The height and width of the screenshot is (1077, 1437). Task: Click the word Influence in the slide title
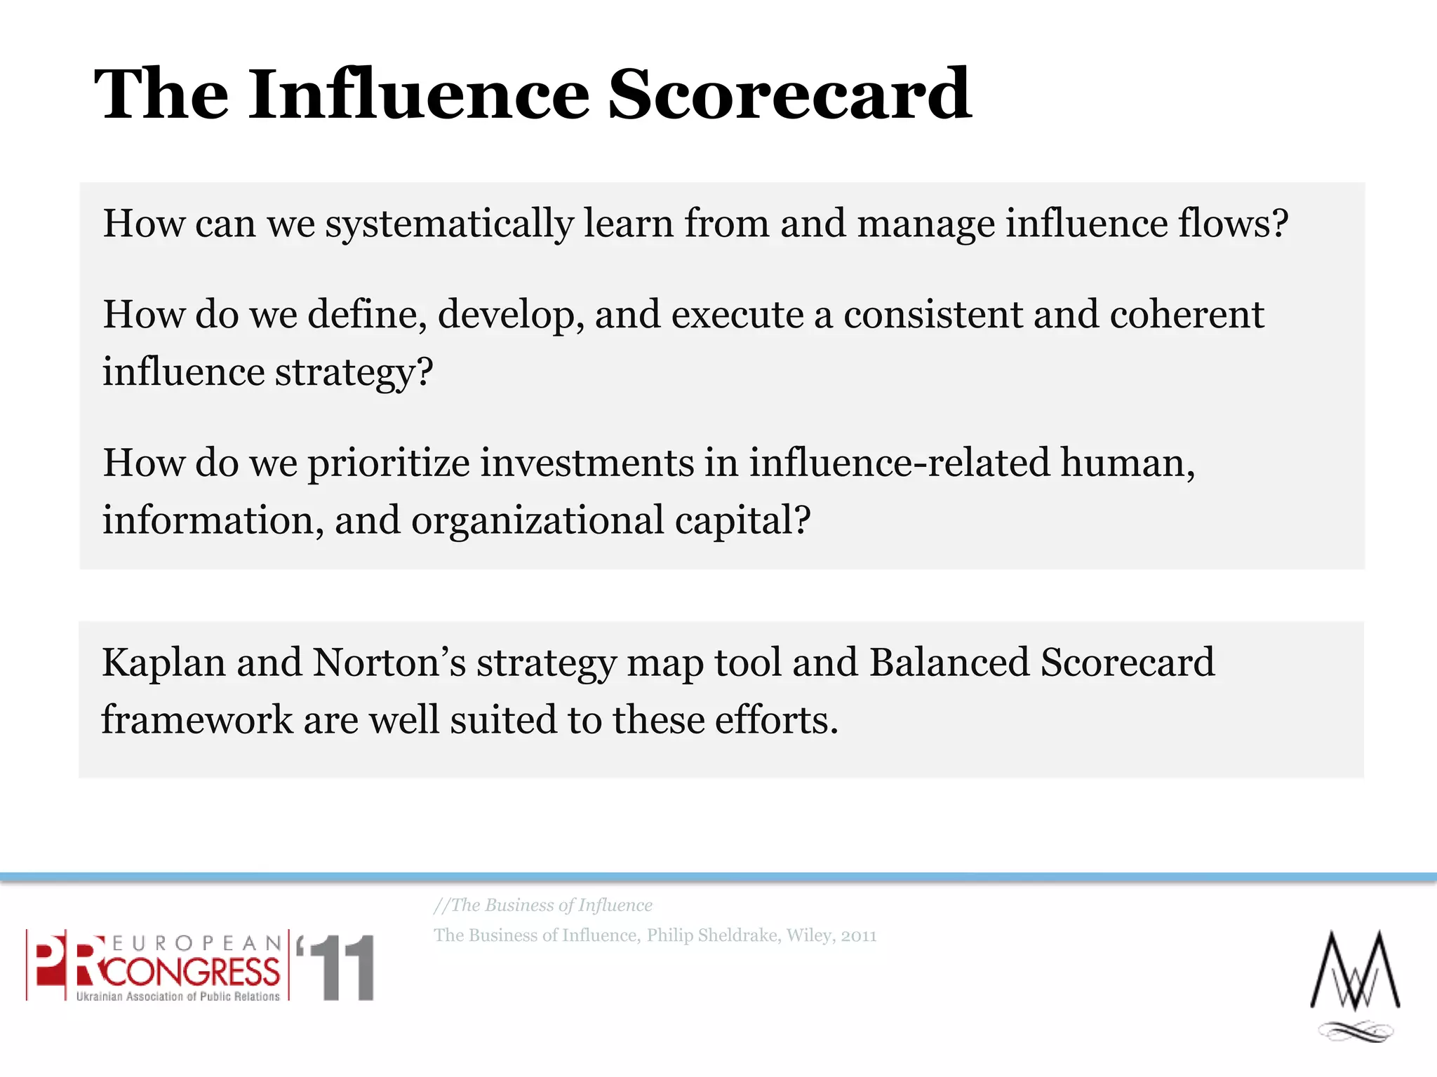tap(418, 95)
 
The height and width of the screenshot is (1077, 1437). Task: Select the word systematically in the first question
tap(449, 224)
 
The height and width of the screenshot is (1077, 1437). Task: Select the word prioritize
tap(389, 464)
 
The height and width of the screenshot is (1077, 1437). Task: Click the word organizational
tap(537, 521)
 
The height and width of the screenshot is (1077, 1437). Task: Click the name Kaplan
tap(163, 663)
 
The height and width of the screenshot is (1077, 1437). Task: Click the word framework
tap(197, 721)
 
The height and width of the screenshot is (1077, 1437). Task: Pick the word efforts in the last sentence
tap(775, 721)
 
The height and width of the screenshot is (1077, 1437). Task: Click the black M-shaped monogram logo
tap(1355, 975)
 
